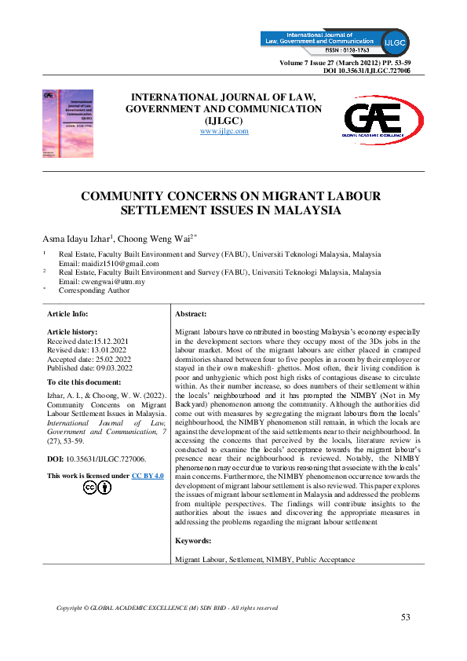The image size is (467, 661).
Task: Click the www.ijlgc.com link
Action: [224, 131]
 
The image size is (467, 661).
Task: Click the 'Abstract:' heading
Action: [191, 312]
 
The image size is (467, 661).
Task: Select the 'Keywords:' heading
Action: [193, 541]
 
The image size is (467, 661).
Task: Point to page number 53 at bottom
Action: [405, 617]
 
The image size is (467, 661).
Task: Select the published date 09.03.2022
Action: [110, 367]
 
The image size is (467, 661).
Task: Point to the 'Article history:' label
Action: [72, 332]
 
